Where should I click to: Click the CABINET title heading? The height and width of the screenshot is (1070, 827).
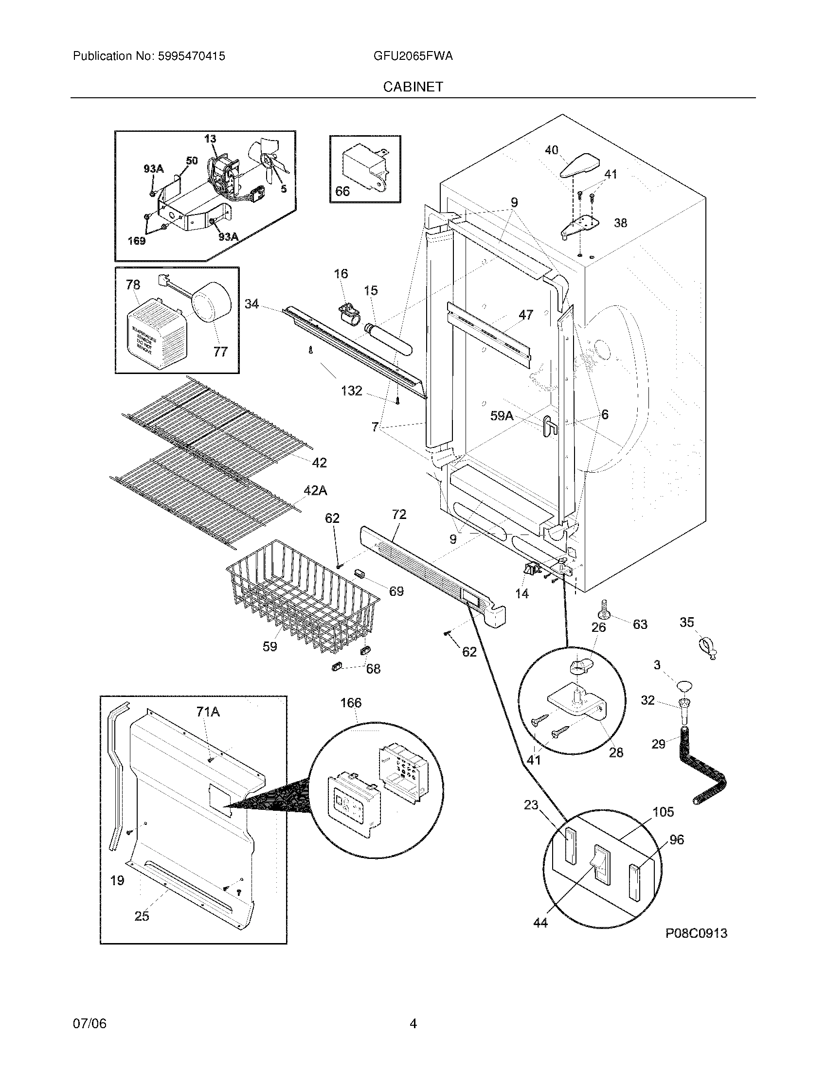point(413,87)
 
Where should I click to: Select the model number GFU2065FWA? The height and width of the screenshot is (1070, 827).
point(413,56)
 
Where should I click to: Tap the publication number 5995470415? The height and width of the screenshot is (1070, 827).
point(191,56)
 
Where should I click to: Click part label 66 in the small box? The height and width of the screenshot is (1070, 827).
point(342,191)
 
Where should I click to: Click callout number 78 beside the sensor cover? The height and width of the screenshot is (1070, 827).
point(133,285)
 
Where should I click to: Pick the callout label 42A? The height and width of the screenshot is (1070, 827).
point(316,490)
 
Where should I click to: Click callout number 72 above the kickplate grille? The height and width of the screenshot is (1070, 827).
point(399,515)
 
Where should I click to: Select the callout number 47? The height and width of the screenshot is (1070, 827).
point(526,315)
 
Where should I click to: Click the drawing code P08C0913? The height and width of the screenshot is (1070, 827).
point(696,933)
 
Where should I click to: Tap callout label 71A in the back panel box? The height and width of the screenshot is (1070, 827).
point(208,712)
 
